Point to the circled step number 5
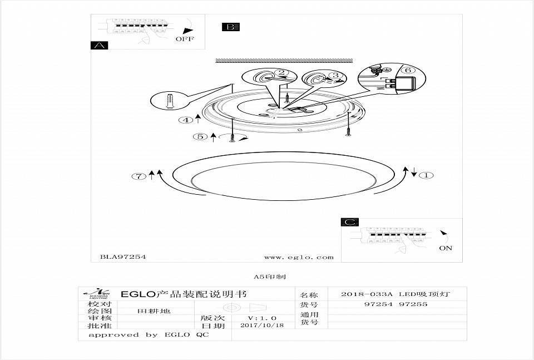(199, 136)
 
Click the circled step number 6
(407, 71)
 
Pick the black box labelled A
(99, 46)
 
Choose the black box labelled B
(230, 27)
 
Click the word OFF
(185, 40)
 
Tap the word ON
(446, 248)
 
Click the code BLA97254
(123, 257)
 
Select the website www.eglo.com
(299, 257)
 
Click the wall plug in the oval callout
(171, 101)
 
